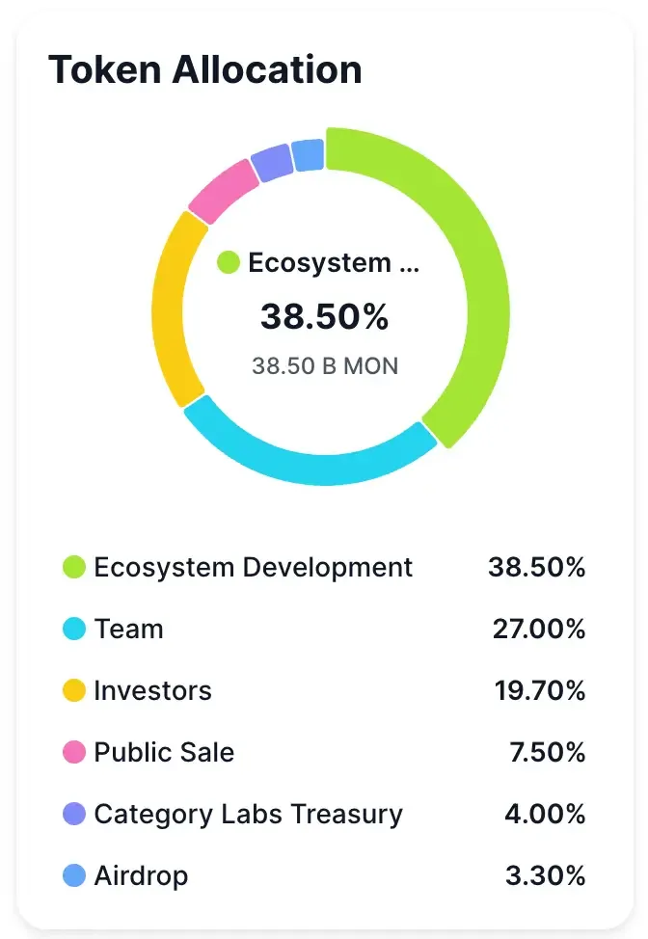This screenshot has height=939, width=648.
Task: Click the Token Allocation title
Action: pyautogui.click(x=205, y=69)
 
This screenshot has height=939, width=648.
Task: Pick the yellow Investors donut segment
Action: pyautogui.click(x=175, y=309)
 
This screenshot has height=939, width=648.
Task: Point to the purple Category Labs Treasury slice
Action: pyautogui.click(x=271, y=163)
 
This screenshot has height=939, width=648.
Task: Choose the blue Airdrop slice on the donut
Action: pyautogui.click(x=308, y=154)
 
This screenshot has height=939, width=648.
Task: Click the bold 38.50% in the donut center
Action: pyautogui.click(x=325, y=316)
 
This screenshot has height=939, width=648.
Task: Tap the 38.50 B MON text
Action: pyautogui.click(x=325, y=366)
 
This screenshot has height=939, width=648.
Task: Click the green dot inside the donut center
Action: pyautogui.click(x=229, y=262)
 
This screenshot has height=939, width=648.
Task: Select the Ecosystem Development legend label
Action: pyautogui.click(x=253, y=567)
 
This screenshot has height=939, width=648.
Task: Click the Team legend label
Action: pyautogui.click(x=128, y=629)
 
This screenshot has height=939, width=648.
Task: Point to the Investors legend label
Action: pyautogui.click(x=152, y=690)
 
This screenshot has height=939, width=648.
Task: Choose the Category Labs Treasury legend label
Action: pyautogui.click(x=248, y=814)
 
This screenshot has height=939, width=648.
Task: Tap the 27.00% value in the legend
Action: pyautogui.click(x=539, y=629)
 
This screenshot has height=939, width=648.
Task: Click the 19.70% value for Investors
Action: pyautogui.click(x=539, y=690)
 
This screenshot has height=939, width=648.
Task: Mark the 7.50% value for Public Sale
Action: pyautogui.click(x=547, y=752)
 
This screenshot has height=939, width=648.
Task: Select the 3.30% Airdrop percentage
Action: pyautogui.click(x=546, y=875)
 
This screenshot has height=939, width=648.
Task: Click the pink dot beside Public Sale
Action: pyautogui.click(x=74, y=752)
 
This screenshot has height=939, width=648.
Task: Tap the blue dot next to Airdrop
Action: pyautogui.click(x=74, y=875)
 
